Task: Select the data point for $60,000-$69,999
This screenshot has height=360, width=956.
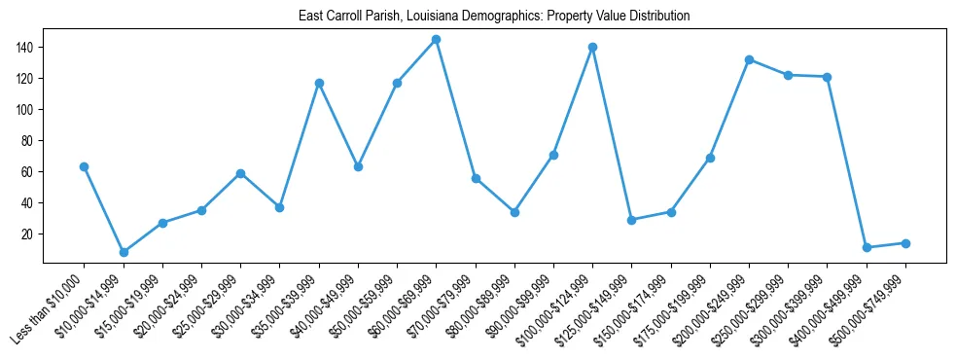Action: point(436,40)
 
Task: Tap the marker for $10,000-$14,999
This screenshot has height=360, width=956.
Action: point(124,252)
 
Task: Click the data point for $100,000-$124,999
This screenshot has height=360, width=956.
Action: point(592,47)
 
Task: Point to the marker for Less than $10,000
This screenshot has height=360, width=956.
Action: point(85,166)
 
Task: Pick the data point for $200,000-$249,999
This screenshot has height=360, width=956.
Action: point(749,59)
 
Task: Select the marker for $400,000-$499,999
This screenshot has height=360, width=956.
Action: point(867,247)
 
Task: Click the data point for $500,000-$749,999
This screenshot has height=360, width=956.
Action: point(905,243)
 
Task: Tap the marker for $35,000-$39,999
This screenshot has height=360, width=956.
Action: point(319,83)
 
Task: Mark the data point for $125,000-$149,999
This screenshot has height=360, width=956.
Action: point(632,220)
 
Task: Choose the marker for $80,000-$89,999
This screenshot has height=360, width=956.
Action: point(514,212)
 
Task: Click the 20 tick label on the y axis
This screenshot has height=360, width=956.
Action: point(29,234)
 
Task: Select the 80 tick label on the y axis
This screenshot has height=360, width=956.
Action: point(29,140)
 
